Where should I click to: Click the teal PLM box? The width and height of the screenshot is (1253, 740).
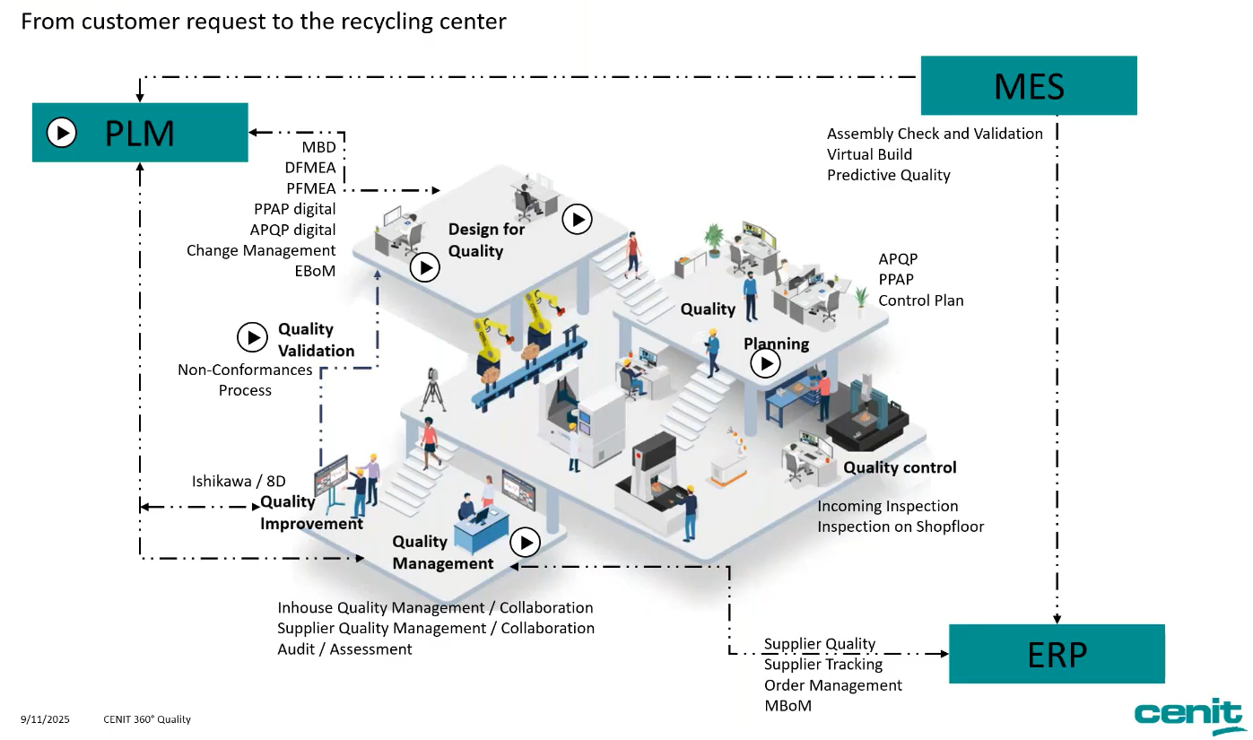pos(140,133)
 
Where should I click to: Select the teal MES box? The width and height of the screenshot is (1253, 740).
pos(1029,86)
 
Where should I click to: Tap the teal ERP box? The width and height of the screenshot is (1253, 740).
pos(1057,654)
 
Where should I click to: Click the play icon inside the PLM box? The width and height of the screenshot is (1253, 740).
pos(61,133)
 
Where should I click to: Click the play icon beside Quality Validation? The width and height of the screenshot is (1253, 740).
pos(252,337)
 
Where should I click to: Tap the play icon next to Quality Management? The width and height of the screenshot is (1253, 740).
pos(525,542)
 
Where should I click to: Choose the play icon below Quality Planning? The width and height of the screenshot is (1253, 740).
pos(765,363)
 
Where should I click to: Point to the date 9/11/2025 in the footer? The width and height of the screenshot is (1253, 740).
pos(45,719)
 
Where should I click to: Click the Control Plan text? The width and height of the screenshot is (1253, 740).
pos(921,300)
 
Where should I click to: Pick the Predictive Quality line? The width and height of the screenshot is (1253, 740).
pos(888,175)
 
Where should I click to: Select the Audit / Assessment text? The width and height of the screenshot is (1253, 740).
pos(344,649)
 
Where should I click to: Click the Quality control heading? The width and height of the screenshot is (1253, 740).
pos(900,467)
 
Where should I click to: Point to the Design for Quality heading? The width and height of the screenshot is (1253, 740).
pos(486,239)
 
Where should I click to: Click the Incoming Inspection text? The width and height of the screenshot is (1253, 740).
pos(887,506)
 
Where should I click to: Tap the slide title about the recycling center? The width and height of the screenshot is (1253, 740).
pos(264,22)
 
